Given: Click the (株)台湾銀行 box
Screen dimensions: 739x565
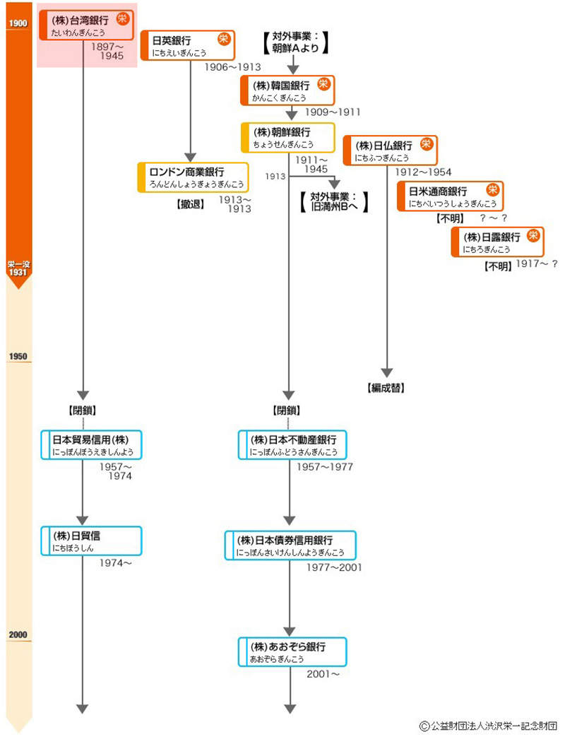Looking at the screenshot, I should tap(85, 25).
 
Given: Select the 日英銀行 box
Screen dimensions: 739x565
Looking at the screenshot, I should tap(187, 45).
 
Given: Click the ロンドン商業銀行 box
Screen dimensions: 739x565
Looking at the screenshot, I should tap(193, 177).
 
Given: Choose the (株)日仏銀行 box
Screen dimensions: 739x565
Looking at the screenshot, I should tap(390, 150).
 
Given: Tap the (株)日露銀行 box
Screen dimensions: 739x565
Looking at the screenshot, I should tap(497, 242).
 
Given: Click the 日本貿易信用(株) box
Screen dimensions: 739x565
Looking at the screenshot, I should tap(92, 444).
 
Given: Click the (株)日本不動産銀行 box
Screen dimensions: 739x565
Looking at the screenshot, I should tap(292, 444).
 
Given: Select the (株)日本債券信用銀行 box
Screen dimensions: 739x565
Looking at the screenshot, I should tap(290, 545).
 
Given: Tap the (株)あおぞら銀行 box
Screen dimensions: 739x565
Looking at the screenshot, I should tap(292, 652).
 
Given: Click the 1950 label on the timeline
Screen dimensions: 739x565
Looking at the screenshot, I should tap(17, 357).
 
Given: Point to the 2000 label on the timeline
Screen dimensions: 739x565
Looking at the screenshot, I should tap(17, 634).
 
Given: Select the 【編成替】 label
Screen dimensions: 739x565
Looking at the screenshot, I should tap(386, 388).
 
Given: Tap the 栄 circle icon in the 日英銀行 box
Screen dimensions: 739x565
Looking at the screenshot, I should tap(224, 39).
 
